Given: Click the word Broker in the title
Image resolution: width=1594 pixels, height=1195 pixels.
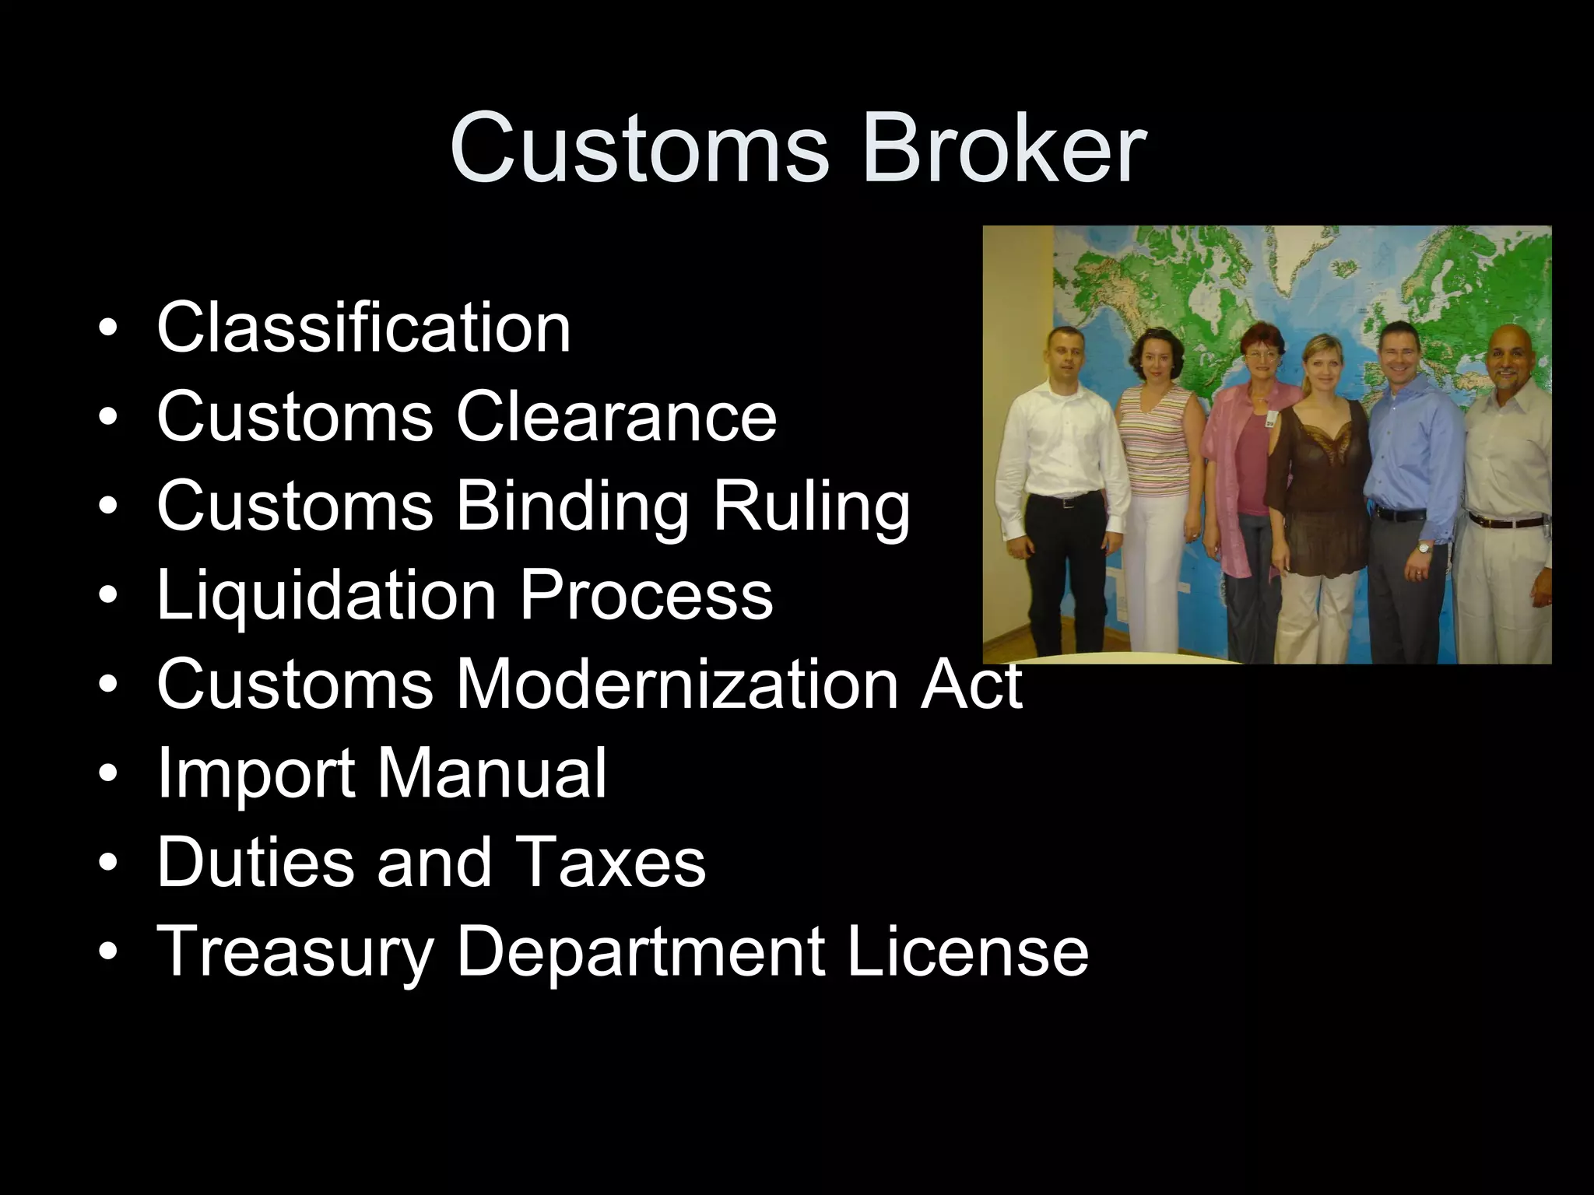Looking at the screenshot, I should point(1003,148).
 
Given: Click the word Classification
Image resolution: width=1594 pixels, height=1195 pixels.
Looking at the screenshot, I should point(363,328).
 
